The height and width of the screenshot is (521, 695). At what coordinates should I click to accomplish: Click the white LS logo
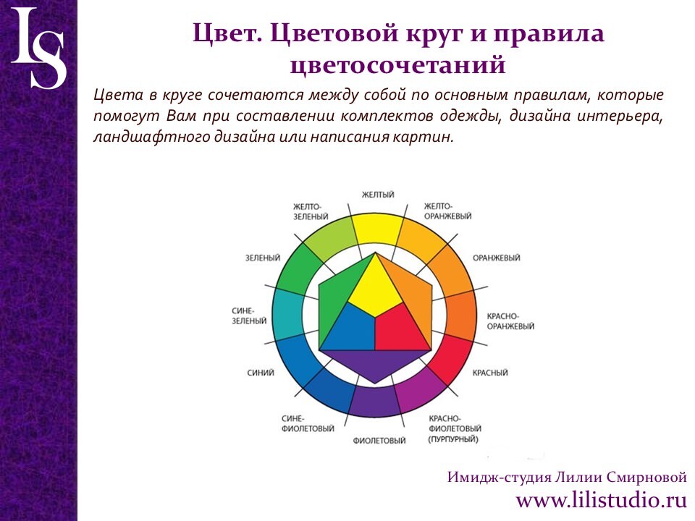click(x=39, y=48)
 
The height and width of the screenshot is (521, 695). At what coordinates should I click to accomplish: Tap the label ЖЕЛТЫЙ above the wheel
click(x=378, y=195)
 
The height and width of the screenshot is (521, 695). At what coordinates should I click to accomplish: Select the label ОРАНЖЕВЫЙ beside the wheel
click(x=496, y=258)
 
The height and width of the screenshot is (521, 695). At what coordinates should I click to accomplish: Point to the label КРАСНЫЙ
click(x=490, y=373)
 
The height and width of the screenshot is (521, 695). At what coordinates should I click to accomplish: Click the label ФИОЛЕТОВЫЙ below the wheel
click(x=379, y=441)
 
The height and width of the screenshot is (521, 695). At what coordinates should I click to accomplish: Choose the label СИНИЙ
click(x=261, y=373)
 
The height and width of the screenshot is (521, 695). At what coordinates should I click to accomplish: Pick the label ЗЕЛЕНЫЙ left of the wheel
click(x=263, y=258)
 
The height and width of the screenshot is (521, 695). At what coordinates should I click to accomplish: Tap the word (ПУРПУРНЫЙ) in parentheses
click(x=453, y=439)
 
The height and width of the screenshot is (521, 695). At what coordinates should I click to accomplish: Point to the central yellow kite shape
click(x=376, y=288)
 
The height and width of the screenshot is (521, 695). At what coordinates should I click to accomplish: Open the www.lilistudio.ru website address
click(x=602, y=501)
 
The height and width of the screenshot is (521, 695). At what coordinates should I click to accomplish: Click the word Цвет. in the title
click(x=227, y=34)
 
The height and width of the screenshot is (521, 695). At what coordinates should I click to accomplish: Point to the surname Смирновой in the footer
click(x=646, y=478)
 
